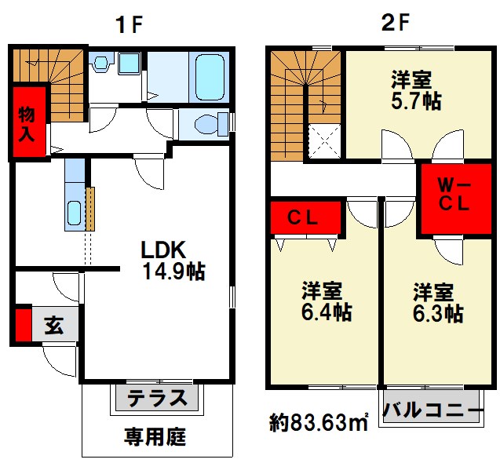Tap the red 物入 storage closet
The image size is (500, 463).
pos(27,122)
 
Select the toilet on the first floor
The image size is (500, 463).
pos(206,123)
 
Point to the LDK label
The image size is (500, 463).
pos(162,250)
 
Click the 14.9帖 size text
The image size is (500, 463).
pos(173,272)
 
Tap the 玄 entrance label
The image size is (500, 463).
pos(53,325)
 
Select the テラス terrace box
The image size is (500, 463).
pos(158,398)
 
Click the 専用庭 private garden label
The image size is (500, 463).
pos(155,436)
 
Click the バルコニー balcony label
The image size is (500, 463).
pos(432,409)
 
